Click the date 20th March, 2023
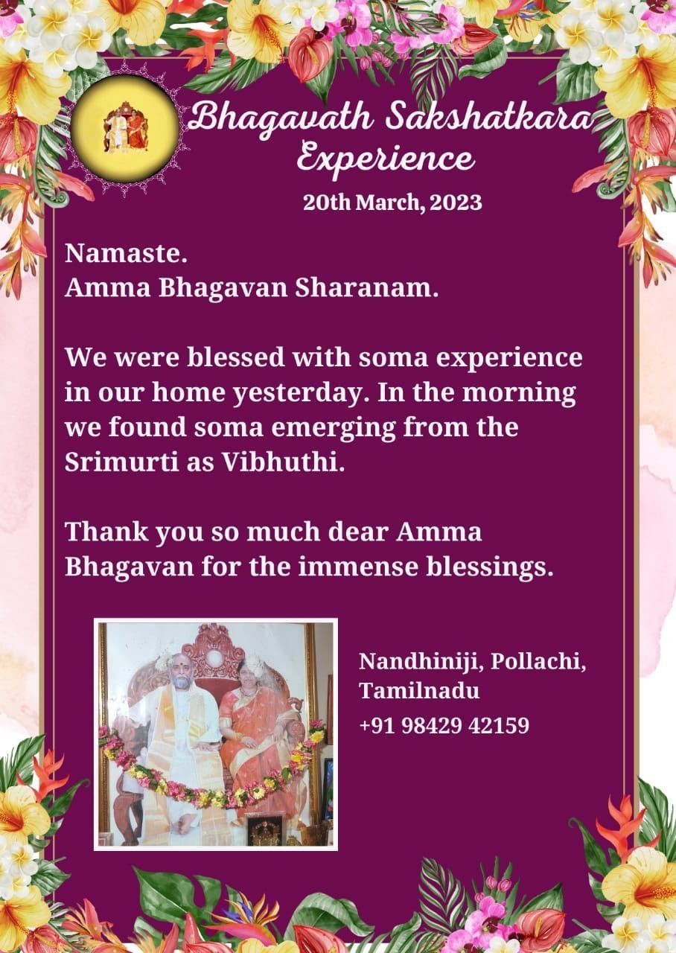click(x=392, y=203)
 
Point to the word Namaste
click(x=127, y=254)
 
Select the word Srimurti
click(x=121, y=462)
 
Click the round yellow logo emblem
click(x=124, y=127)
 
